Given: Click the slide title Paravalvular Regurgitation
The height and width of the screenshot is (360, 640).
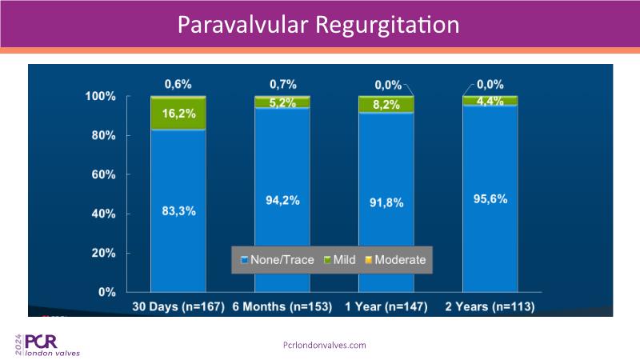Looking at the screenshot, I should pos(318,24).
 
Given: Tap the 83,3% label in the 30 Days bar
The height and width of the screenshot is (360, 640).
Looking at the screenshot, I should pos(179,211).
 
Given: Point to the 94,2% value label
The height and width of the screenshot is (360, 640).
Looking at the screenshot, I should pos(283,200).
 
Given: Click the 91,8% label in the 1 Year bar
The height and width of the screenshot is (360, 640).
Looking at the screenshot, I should pos(387,203).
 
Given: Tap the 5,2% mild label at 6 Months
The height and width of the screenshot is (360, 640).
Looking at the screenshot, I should pos(283,102).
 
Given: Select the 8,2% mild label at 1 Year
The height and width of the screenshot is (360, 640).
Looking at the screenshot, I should pos(387,105).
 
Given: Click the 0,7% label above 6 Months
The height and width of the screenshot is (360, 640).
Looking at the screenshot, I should pos(283,83).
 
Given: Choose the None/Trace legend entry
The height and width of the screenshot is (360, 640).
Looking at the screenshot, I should pos(277,260).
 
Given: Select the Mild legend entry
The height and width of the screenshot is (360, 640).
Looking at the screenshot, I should pos(339,260).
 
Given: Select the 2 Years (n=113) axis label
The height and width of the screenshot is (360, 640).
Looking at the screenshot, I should pos(490,307).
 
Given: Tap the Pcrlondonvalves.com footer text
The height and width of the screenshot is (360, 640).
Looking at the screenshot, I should pos(325,345).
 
